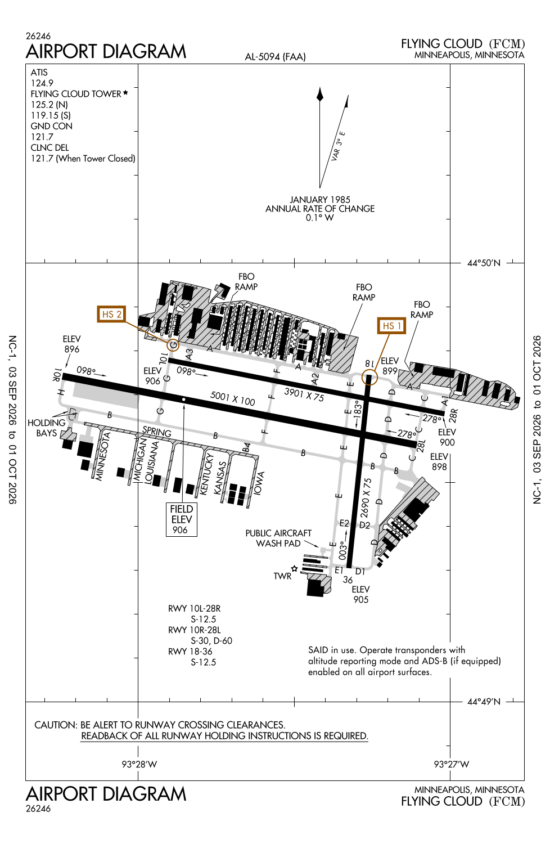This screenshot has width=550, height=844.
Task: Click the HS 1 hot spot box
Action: pos(391,326)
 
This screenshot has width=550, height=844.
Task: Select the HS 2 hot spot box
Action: pos(111,314)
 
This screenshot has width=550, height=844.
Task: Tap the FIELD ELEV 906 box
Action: pos(182,519)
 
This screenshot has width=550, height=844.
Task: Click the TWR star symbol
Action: pos(294,568)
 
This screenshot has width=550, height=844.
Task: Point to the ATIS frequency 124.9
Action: pos(42,83)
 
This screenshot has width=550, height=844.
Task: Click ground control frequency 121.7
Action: pos(42,137)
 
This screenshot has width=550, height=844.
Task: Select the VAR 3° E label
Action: pos(338,146)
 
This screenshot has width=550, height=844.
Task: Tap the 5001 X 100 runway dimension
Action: pos(232,398)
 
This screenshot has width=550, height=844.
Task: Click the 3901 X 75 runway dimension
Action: pos(304,394)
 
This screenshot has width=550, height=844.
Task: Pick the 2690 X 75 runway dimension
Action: pos(366,498)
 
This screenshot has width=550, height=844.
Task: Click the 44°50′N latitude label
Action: pos(484,263)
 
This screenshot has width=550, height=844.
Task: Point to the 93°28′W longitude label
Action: pos(139,764)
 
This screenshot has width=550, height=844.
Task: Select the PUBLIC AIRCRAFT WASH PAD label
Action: pos(278,538)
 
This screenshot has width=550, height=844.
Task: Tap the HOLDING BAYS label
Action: pos(46,428)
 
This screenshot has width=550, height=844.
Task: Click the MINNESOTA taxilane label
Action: pos(103,456)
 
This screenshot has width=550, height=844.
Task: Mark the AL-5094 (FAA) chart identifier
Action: pos(276,57)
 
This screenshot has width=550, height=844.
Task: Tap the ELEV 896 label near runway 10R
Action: pos(71,344)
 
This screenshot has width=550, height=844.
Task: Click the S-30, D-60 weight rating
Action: pos(211,640)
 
